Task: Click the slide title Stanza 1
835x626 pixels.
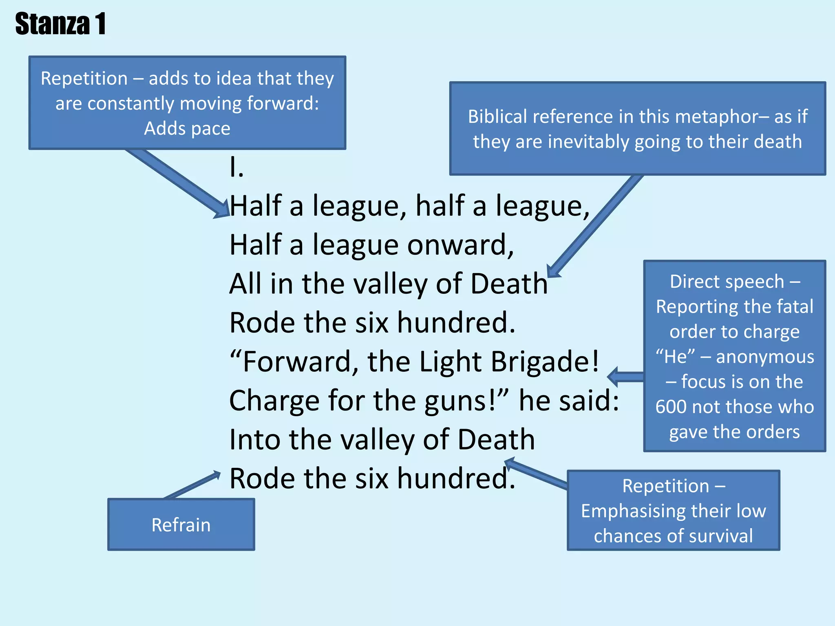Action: [x=60, y=24]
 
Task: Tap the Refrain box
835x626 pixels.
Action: [x=181, y=525]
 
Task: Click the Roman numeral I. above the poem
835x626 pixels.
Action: [x=236, y=167]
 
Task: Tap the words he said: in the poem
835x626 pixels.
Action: [x=569, y=400]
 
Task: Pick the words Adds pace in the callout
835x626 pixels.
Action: [x=187, y=129]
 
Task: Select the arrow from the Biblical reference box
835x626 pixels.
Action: [x=595, y=227]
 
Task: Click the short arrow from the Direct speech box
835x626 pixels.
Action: [x=625, y=377]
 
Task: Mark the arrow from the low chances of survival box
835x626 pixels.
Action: [x=536, y=473]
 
